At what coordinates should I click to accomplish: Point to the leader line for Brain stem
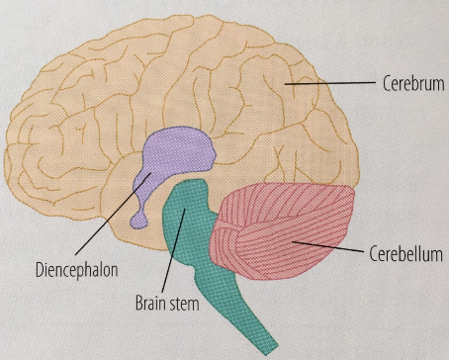click(x=175, y=256)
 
